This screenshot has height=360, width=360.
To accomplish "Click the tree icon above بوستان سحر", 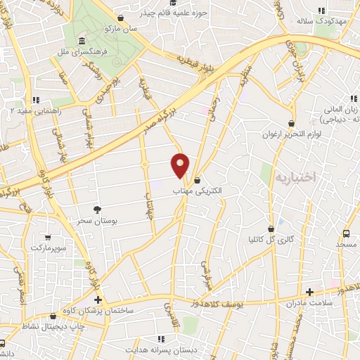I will pyautogui.click(x=97, y=210).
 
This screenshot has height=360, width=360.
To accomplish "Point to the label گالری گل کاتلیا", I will pyautogui.click(x=271, y=240).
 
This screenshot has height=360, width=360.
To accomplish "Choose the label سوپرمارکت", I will pyautogui.click(x=48, y=249).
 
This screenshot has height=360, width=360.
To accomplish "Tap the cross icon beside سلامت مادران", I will pyautogui.click(x=309, y=292).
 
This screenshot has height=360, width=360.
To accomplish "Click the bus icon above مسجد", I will pyautogui.click(x=347, y=233).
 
